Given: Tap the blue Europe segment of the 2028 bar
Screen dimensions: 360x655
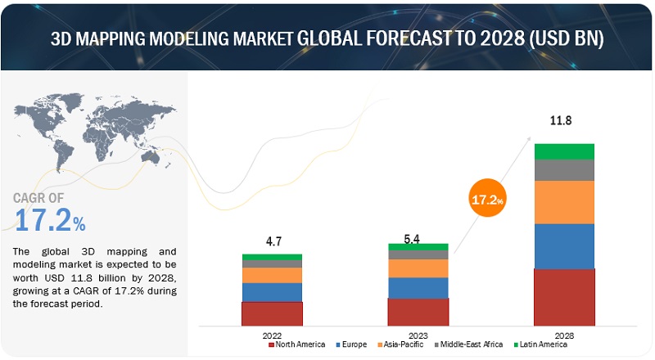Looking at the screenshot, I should [564, 245].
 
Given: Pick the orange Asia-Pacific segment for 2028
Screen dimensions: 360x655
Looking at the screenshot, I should [564, 202].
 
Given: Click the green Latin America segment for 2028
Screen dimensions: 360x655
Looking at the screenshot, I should [564, 151].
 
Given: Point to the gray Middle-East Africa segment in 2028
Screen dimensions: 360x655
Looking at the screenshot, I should [564, 170].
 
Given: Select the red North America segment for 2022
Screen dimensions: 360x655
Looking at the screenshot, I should [272, 314].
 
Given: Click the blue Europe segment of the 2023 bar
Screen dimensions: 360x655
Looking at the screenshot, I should [418, 288].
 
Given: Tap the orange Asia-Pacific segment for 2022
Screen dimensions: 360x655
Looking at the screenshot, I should [272, 275].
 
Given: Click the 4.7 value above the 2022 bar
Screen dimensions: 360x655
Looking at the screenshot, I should [272, 241].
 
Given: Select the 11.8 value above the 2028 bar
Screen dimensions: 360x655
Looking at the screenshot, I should [564, 123].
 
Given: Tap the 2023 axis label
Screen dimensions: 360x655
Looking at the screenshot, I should [418, 334].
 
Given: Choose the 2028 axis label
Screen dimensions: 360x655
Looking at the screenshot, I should [564, 334].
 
